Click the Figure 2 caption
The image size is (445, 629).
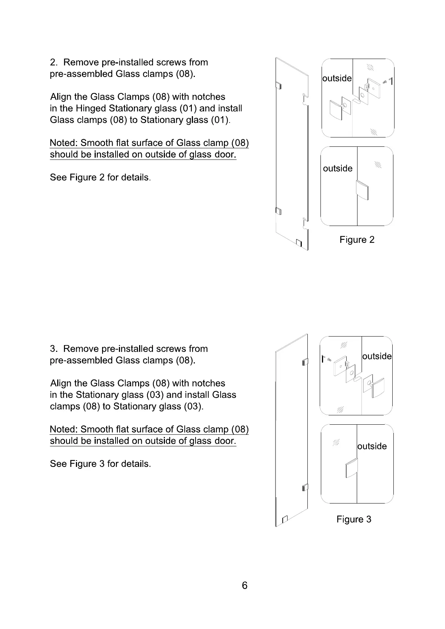pos(357,240)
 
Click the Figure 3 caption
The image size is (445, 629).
pos(354,519)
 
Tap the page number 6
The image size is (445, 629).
pos(245,585)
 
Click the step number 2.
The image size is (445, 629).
pos(53,62)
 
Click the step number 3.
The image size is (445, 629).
pos(53,349)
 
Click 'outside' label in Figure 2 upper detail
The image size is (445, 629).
pos(337,78)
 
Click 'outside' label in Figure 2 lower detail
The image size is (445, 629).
pos(338,168)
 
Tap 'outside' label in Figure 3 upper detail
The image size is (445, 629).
pos(377,356)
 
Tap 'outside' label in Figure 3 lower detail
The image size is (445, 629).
pos(372,446)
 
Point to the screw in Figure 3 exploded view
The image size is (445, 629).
pos(329,359)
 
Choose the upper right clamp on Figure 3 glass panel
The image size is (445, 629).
pos(305,362)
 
